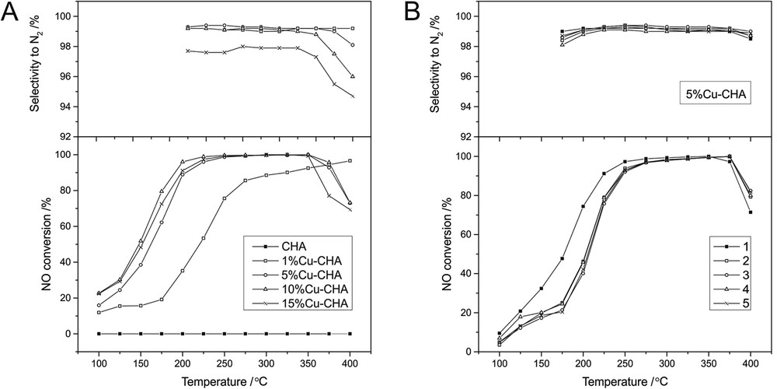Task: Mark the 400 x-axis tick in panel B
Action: [x=751, y=363]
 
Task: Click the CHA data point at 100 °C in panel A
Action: [x=99, y=333]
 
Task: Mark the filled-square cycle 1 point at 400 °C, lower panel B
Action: [x=751, y=212]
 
